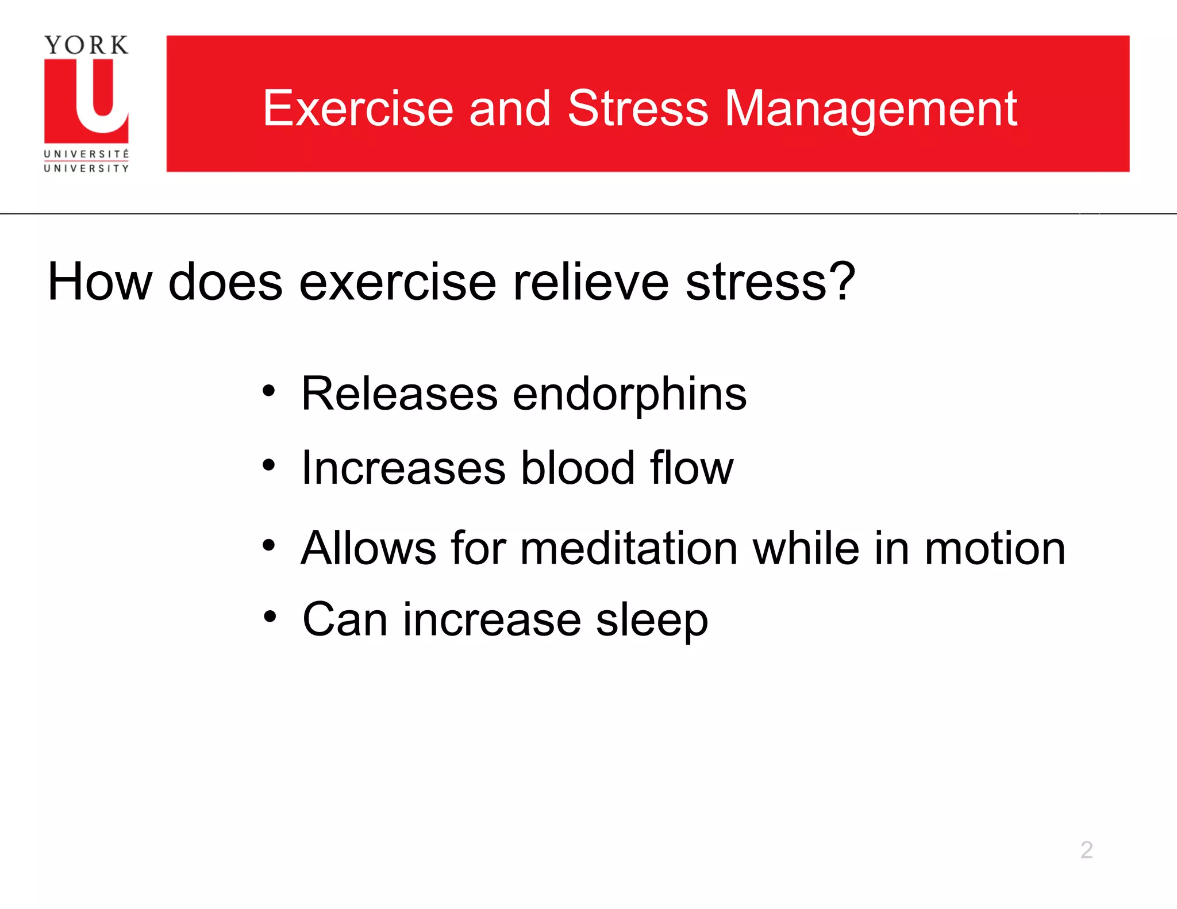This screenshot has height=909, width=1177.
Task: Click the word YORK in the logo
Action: point(86,45)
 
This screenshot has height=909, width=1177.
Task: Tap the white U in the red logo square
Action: point(101,98)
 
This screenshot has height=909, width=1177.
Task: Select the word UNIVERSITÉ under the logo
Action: point(86,154)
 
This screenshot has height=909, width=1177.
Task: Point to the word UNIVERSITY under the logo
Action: point(86,168)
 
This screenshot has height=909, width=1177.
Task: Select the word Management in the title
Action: point(871,109)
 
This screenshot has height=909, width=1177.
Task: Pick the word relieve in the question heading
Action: point(591,282)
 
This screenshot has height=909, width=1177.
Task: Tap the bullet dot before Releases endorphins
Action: point(268,392)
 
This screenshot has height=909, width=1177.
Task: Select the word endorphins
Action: point(629,395)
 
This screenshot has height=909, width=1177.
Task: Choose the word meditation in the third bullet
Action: point(629,548)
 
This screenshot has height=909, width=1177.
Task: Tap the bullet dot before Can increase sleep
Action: point(270,617)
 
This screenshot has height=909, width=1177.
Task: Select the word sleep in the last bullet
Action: point(652,621)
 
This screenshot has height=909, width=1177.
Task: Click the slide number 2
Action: point(1086,850)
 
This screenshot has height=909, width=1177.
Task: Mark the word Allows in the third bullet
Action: point(368,548)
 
